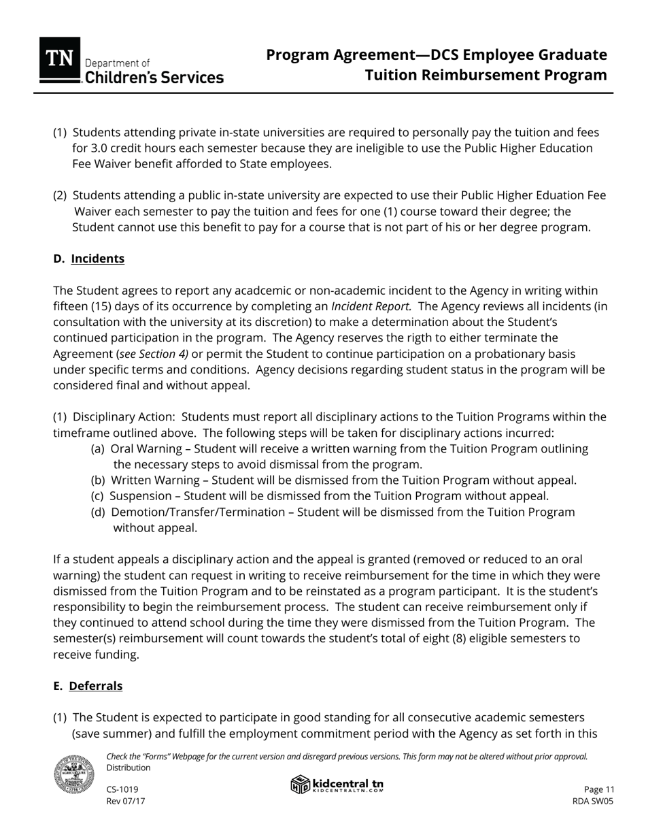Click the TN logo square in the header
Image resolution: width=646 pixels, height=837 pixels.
pos(60,60)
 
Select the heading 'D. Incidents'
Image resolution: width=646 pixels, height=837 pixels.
pos(88,259)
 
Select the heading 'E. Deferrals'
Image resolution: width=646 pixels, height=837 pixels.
pos(88,686)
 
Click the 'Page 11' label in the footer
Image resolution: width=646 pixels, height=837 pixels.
pos(599,789)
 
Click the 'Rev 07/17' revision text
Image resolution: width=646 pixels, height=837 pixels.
pos(126,801)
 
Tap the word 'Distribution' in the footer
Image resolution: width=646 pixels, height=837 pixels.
pos(129,768)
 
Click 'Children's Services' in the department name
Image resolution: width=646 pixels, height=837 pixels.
pos(154,78)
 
